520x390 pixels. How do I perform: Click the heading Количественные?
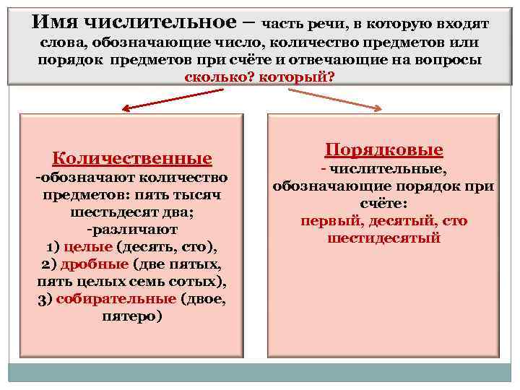pyautogui.click(x=133, y=158)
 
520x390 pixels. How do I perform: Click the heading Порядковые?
pyautogui.click(x=383, y=150)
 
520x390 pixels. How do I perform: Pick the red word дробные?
pyautogui.click(x=90, y=264)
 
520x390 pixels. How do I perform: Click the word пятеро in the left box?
pyautogui.click(x=133, y=316)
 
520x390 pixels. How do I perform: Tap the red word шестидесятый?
pyautogui.click(x=383, y=238)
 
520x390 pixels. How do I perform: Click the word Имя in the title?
pyautogui.click(x=51, y=23)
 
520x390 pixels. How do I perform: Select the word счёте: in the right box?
pyautogui.click(x=383, y=204)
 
